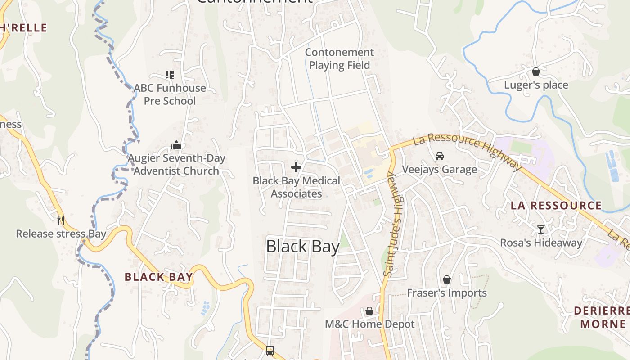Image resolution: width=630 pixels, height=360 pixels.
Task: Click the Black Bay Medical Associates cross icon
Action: point(296,168)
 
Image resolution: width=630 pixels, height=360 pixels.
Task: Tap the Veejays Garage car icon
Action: point(440,156)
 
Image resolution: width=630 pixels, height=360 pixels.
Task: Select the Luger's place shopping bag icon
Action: point(536,72)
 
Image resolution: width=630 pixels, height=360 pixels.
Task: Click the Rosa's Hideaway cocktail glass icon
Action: point(541,229)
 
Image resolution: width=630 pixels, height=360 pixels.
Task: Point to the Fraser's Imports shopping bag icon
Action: point(447,280)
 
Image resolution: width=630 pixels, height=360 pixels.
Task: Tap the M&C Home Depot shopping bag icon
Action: point(369,311)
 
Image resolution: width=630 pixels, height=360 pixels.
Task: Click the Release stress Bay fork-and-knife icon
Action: point(61,220)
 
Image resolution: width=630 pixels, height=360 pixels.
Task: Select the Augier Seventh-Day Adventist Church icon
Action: point(176,145)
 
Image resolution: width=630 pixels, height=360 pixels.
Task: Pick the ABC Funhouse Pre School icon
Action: point(170,75)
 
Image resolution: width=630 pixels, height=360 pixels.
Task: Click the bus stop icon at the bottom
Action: point(270,350)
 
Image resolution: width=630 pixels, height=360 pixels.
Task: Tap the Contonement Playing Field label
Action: point(339,59)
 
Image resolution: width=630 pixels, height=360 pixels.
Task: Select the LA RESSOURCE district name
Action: point(556,206)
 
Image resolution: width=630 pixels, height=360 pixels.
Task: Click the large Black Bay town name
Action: point(303,247)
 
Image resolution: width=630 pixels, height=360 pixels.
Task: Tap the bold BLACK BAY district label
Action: point(158,277)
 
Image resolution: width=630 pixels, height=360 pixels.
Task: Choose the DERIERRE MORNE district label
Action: point(601,317)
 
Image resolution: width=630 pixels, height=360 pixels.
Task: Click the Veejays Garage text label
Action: point(439,170)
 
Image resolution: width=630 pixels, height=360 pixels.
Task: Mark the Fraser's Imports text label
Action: point(447,293)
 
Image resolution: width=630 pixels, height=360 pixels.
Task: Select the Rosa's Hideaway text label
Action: point(541,243)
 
